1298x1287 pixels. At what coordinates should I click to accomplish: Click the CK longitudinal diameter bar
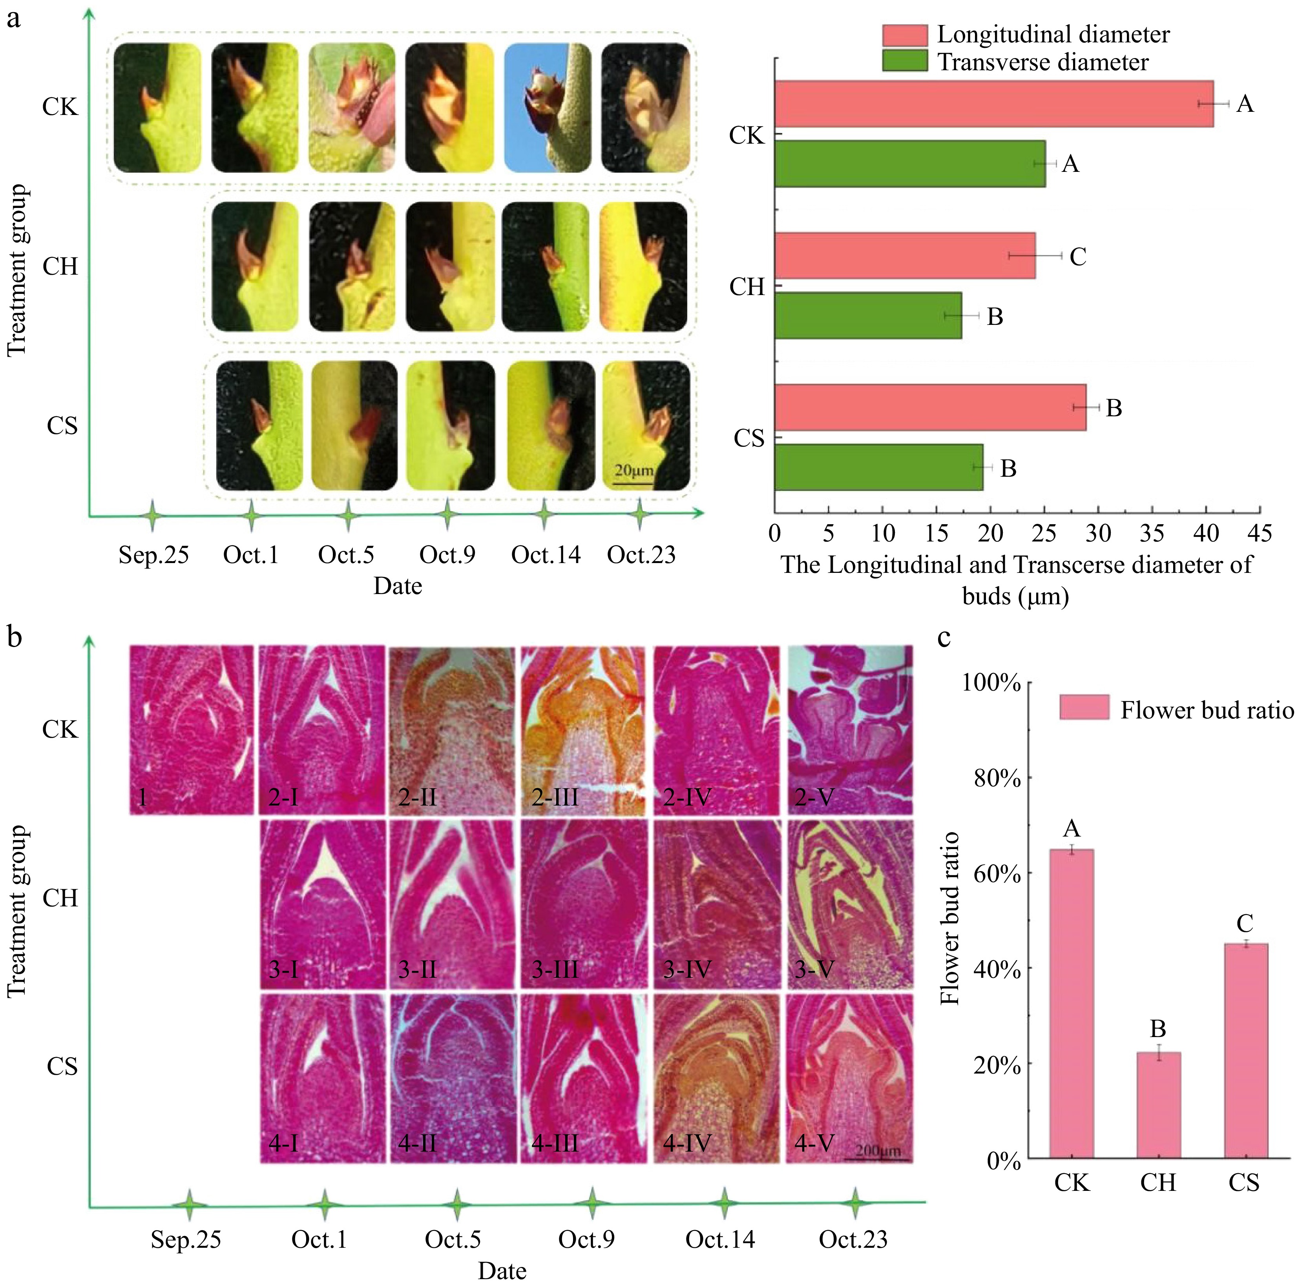[x=994, y=104]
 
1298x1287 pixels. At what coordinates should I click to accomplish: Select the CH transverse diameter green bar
[x=868, y=316]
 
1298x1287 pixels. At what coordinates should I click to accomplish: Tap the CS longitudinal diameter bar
[x=931, y=408]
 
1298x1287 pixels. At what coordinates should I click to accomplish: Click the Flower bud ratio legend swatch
[x=1084, y=707]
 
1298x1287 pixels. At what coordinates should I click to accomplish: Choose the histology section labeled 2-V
[x=850, y=730]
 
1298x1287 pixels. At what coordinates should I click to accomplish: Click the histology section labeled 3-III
[x=583, y=904]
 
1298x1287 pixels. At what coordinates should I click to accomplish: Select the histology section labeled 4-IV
[x=716, y=1078]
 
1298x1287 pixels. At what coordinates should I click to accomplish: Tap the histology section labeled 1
[x=192, y=730]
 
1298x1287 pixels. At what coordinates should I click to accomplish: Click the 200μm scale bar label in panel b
[x=877, y=1150]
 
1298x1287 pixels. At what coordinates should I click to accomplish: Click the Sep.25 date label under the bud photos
[x=154, y=555]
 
